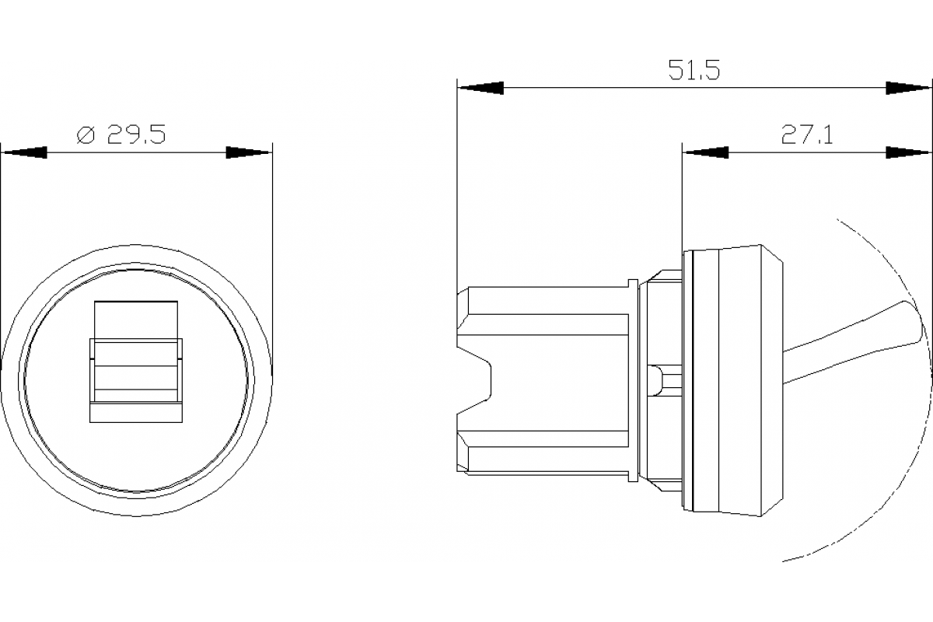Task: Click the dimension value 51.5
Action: pos(694,71)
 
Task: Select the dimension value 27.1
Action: pos(807,135)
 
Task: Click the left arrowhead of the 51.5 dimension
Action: pos(480,89)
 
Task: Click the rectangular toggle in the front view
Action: pos(136,362)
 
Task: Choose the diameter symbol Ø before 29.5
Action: pos(86,135)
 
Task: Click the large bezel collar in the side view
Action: pos(731,381)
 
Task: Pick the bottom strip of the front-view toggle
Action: pos(136,412)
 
